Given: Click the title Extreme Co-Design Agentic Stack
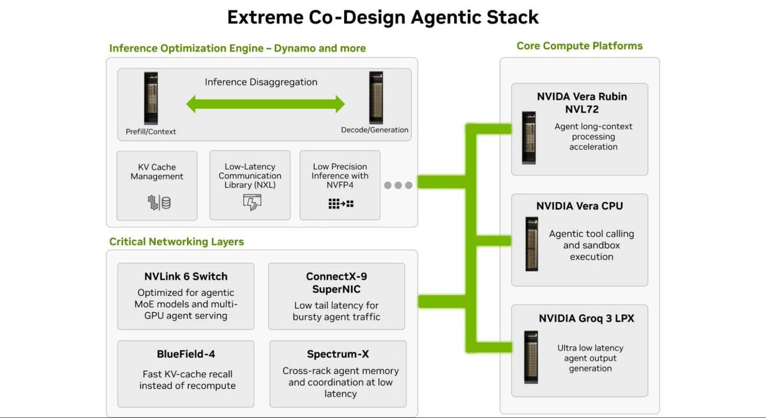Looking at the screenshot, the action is tap(383, 17).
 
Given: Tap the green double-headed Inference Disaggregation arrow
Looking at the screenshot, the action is tap(266, 104).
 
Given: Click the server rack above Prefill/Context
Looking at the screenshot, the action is tap(151, 98).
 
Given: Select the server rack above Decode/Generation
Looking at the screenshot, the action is tap(376, 98).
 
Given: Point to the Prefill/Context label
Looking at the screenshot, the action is tap(151, 131).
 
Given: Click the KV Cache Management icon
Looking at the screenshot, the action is tap(159, 203).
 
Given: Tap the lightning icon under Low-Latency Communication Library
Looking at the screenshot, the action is tap(252, 202).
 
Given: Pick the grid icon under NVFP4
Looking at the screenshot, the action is tap(341, 204).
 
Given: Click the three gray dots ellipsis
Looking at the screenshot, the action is tap(398, 185).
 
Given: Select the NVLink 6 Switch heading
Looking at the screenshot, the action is tap(186, 276).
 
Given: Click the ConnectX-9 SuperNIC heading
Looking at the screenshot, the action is tap(336, 283).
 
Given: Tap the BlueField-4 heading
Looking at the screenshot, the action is tap(186, 354).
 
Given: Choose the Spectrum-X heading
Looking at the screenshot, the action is tap(338, 354).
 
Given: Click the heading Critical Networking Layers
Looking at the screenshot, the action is tap(176, 242).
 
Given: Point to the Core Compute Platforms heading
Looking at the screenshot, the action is tap(580, 46).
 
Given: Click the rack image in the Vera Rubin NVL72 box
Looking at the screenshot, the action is tap(529, 138).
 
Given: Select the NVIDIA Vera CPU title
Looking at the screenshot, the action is tap(580, 206).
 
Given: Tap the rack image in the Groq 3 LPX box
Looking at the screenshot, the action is tap(531, 357).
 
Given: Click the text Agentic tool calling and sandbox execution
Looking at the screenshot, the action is tap(591, 245).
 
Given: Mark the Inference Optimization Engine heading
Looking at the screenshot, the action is tap(237, 49).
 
